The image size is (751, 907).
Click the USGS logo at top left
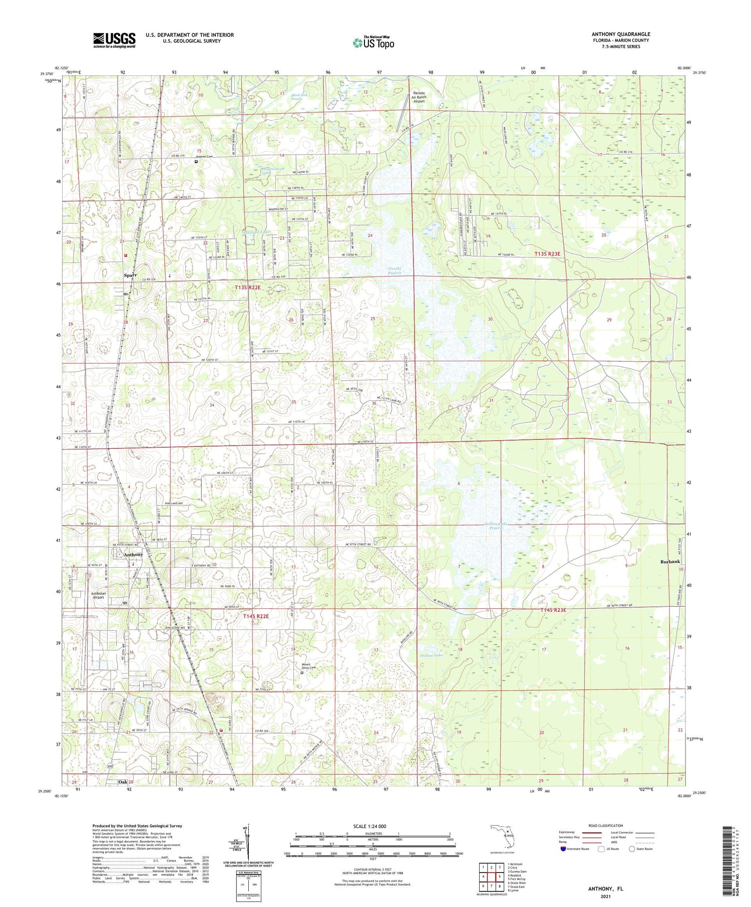pyautogui.click(x=114, y=40)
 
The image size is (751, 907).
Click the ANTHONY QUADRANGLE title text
pyautogui.click(x=620, y=34)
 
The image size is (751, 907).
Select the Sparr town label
pyautogui.click(x=131, y=275)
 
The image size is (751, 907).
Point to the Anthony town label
pyautogui.click(x=133, y=554)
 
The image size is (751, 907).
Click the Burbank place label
pyautogui.click(x=670, y=562)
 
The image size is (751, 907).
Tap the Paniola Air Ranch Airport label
pyautogui.click(x=419, y=97)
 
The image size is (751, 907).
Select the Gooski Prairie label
pyautogui.click(x=395, y=271)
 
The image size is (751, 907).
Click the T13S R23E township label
pyautogui.click(x=547, y=254)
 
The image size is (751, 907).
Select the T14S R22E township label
pyautogui.click(x=256, y=616)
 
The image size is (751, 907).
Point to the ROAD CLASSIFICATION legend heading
pyautogui.click(x=606, y=825)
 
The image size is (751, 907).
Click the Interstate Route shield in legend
pyautogui.click(x=563, y=849)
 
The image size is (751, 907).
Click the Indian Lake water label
pyautogui.click(x=431, y=655)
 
